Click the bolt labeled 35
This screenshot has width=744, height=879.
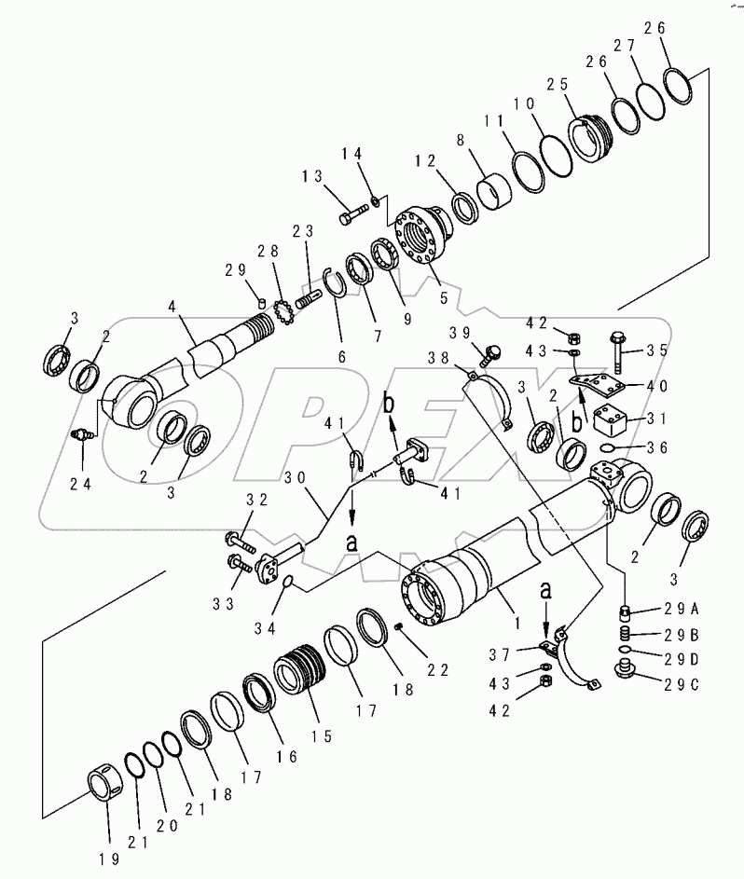[619, 352]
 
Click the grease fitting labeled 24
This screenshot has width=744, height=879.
[81, 433]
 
